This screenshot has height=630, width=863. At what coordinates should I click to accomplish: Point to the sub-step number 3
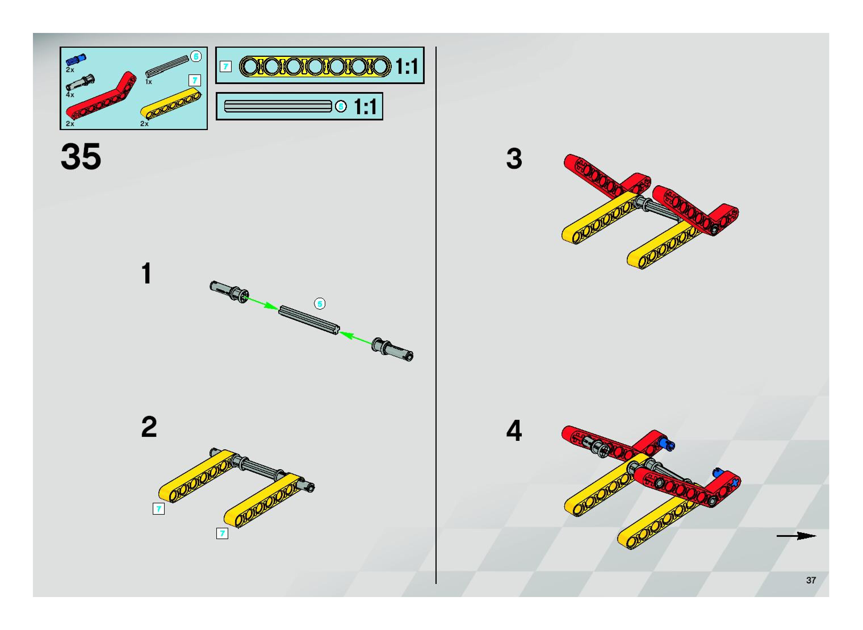(x=514, y=159)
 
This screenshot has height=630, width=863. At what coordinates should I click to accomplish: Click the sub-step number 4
(x=514, y=431)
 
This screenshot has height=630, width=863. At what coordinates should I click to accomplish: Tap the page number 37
(x=811, y=580)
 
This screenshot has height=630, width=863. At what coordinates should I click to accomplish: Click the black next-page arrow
(x=796, y=536)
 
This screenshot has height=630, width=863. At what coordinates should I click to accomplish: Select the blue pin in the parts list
(x=76, y=59)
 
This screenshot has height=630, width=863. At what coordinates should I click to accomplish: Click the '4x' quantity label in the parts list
(x=70, y=95)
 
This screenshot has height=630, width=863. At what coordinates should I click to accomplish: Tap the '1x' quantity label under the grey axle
(x=149, y=82)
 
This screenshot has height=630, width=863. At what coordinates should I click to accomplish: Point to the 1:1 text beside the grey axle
(x=365, y=107)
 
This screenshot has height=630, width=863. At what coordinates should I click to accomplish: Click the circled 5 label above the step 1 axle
(x=319, y=304)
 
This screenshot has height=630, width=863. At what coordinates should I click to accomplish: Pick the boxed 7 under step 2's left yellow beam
(x=159, y=509)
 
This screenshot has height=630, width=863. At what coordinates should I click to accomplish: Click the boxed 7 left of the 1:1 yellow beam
(x=226, y=67)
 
